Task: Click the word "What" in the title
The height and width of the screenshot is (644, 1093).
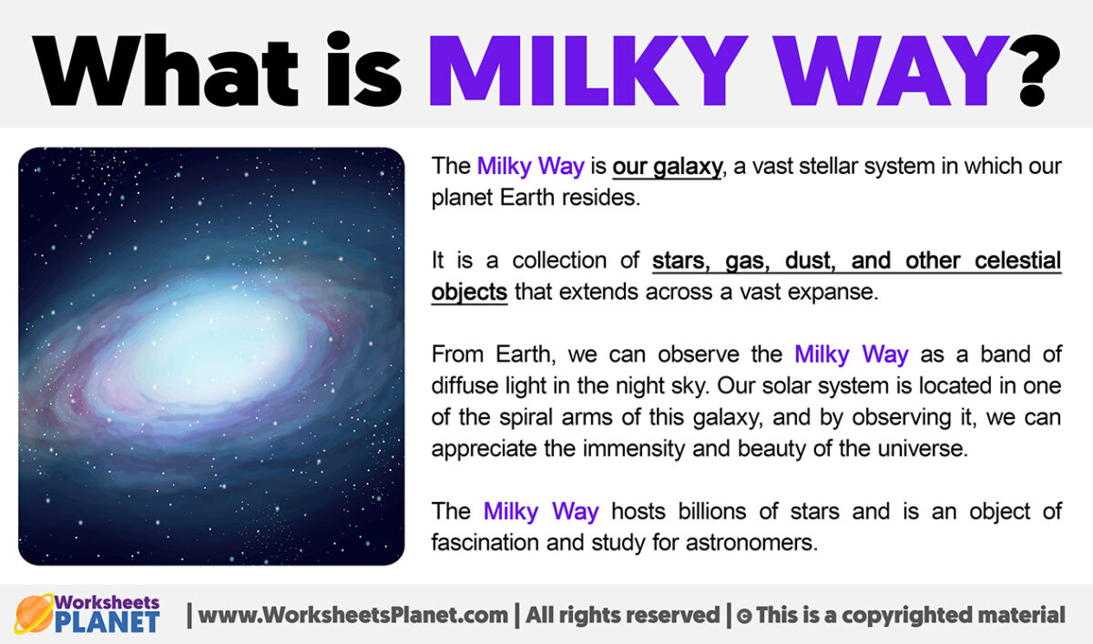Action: (x=166, y=70)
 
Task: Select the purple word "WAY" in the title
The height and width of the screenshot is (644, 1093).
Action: (x=892, y=70)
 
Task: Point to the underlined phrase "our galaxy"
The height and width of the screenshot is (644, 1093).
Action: (x=667, y=167)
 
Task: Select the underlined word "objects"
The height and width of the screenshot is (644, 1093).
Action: (x=469, y=292)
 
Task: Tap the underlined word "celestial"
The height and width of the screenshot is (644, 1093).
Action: (x=1018, y=261)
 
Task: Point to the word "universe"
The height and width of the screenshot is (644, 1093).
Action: (x=922, y=449)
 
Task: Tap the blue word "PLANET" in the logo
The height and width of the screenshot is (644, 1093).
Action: (x=107, y=622)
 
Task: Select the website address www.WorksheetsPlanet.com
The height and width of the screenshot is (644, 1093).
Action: (x=352, y=615)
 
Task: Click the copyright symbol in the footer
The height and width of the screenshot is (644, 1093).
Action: (x=744, y=617)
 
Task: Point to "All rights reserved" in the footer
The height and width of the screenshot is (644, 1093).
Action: (x=623, y=615)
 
